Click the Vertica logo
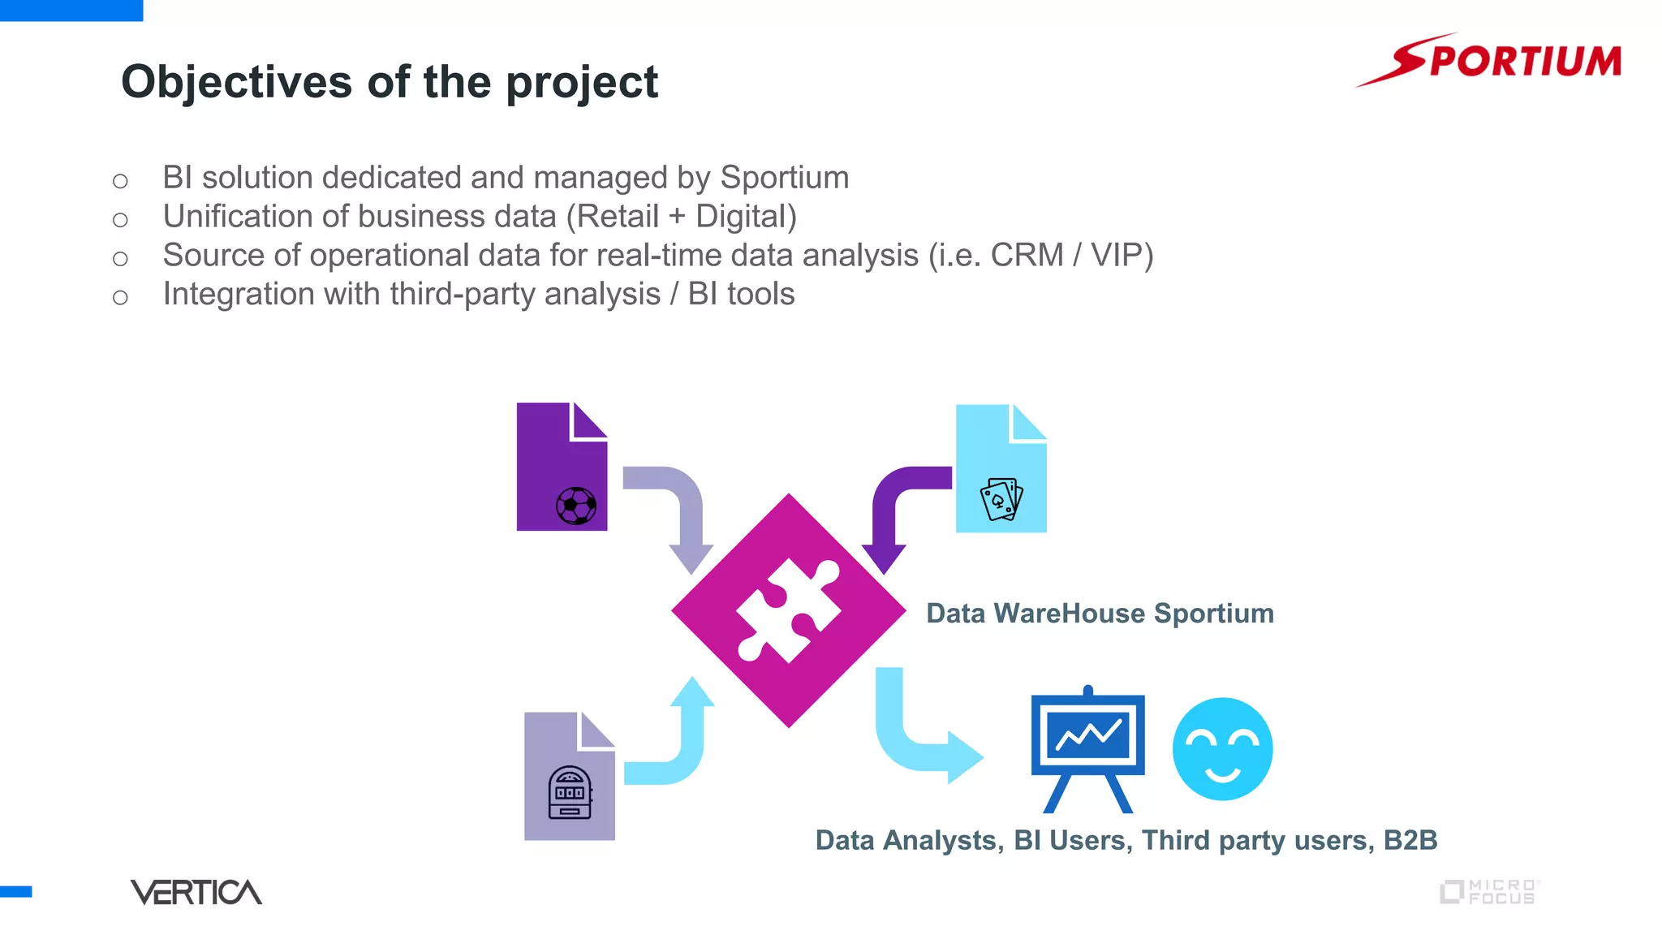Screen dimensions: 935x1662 196,892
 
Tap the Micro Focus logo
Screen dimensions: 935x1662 1490,892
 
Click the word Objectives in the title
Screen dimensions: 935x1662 236,82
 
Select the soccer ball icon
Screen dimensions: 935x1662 576,506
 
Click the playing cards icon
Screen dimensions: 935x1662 1001,499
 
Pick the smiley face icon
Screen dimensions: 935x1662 1222,748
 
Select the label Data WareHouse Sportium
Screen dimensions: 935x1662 1100,614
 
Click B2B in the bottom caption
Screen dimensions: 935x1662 1410,840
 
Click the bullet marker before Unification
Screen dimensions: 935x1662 120,219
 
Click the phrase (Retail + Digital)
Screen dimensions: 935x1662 681,217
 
